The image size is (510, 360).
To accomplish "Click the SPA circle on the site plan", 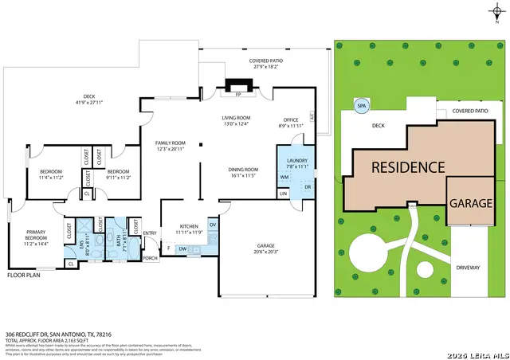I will [x=361, y=104].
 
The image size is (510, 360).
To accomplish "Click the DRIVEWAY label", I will [x=469, y=268].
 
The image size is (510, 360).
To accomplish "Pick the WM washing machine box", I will [x=284, y=177].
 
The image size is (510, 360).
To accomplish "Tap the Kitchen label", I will [x=189, y=229].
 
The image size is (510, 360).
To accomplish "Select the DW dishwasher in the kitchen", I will [x=182, y=249].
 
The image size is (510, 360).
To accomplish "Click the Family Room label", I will [x=170, y=145].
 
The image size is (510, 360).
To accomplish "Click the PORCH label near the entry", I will [x=150, y=258].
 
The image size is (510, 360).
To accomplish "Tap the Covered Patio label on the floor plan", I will [x=268, y=63].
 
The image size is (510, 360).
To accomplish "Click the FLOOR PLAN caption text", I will [x=23, y=275].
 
